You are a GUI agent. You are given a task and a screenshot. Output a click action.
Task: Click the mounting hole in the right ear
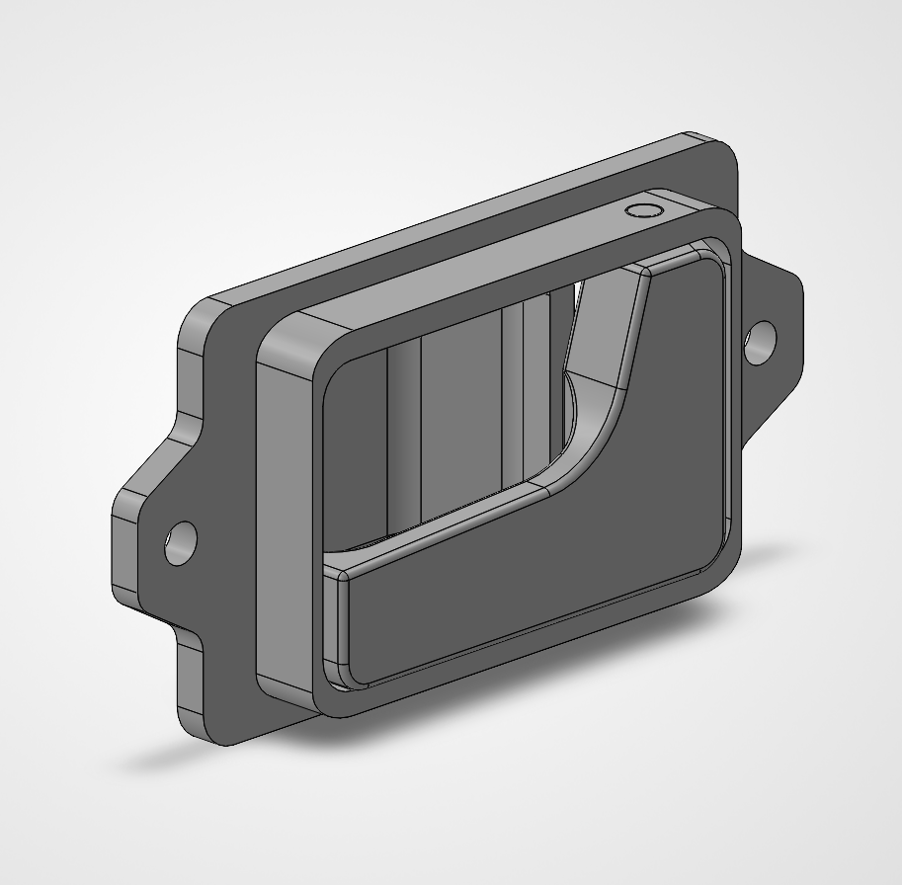[x=761, y=342]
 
